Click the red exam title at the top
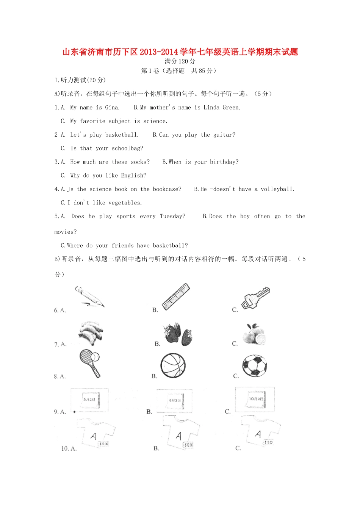coord(180,52)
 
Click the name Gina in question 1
coord(112,108)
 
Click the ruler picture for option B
coord(176,297)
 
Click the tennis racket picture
coord(90,363)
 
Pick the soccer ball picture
coord(255,365)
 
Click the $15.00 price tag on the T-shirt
coord(268,442)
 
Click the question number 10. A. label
coord(69,448)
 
